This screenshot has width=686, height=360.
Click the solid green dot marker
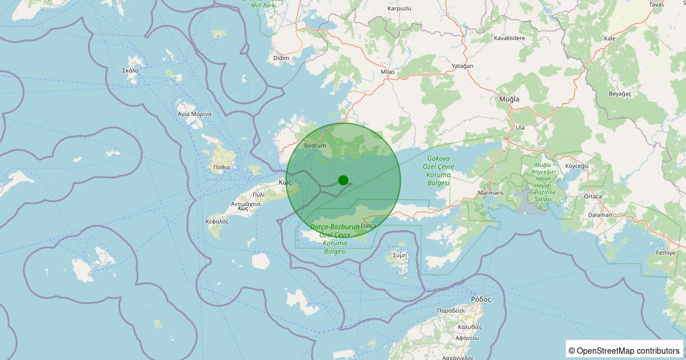343,180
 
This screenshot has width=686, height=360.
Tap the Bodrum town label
315,146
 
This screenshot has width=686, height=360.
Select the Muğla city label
509,99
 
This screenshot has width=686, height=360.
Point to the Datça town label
368,226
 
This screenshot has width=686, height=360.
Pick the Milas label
388,72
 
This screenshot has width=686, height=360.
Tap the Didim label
282,58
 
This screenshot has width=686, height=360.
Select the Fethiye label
665,253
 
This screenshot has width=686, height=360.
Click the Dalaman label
600,215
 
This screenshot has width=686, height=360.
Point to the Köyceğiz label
576,166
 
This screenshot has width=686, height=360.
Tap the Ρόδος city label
481,299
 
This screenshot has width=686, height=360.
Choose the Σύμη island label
400,255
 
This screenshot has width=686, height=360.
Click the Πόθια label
221,167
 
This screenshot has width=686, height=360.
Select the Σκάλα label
130,71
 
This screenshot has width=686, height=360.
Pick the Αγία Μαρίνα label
194,114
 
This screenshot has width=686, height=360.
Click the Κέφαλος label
217,221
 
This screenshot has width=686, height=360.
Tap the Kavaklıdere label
509,38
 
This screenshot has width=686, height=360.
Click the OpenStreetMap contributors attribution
625,350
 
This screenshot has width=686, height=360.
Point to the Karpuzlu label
400,9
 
